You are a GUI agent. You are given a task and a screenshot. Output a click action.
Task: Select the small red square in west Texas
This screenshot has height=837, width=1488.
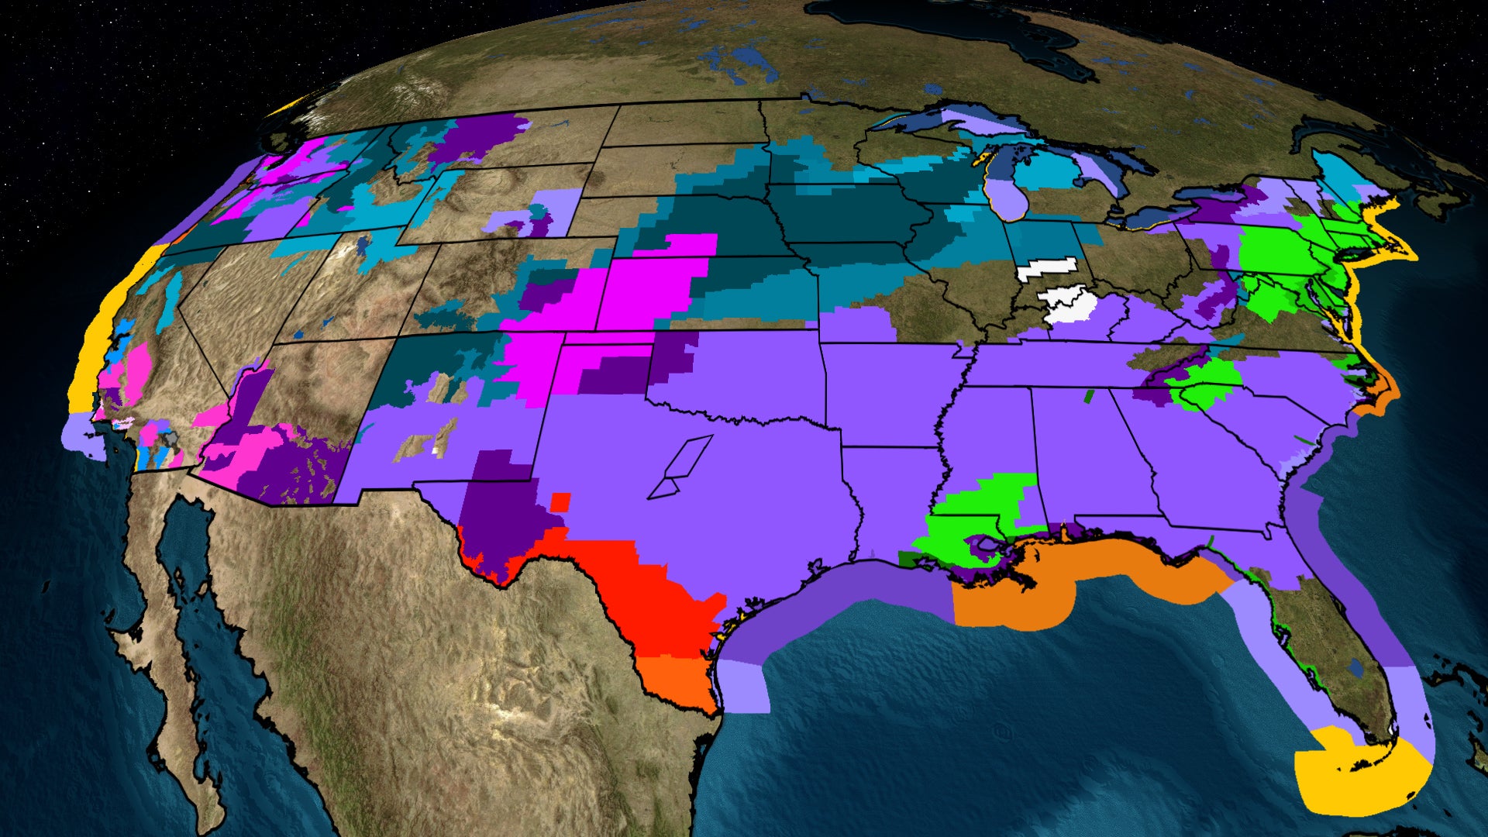(560, 501)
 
